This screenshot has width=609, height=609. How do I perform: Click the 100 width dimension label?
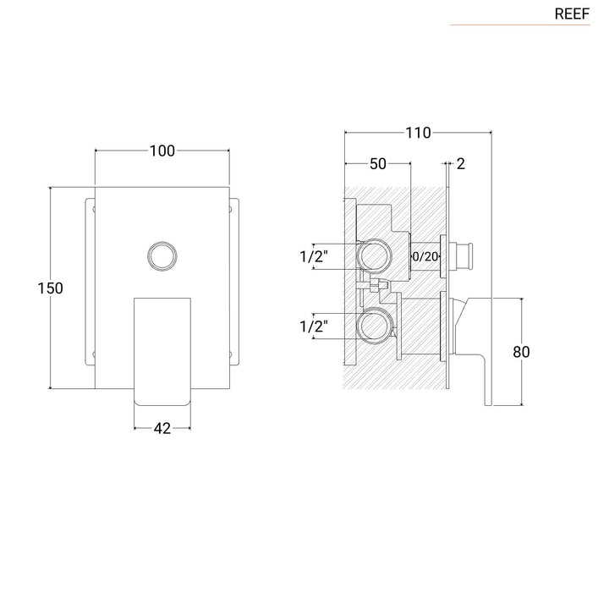162,151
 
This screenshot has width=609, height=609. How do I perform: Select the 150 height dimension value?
51,288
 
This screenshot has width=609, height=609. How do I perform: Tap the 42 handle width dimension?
162,429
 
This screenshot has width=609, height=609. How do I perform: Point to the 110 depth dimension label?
418,132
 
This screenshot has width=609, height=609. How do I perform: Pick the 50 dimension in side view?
377,163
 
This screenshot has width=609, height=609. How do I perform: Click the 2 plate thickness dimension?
460,163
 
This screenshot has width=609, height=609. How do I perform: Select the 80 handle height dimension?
521,352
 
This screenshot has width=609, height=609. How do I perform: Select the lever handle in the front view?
162,351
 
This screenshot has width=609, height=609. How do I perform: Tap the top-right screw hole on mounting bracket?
233,206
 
